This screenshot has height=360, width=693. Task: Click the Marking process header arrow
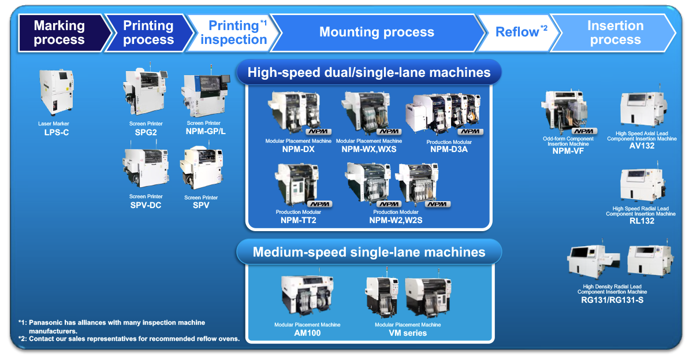[x=59, y=33]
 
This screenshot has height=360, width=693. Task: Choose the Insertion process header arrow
[x=615, y=33]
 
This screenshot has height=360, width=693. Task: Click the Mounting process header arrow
[x=377, y=32]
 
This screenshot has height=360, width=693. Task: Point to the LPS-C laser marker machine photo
[x=57, y=92]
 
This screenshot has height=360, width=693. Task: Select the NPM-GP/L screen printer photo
[x=203, y=95]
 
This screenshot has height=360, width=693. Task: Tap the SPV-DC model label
[x=146, y=205]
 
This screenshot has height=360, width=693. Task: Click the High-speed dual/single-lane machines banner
[x=369, y=72]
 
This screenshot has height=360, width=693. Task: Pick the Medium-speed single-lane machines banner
[x=369, y=252]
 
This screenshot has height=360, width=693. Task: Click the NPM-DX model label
[x=298, y=149]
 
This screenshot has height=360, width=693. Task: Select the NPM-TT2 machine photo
[x=297, y=184]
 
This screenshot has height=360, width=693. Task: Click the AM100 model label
[x=307, y=333]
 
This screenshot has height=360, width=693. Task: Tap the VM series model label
[x=408, y=333]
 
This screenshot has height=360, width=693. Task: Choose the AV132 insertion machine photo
[x=643, y=103]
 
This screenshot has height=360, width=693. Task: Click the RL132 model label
[x=640, y=221]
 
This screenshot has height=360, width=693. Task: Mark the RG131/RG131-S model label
[x=612, y=299]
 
